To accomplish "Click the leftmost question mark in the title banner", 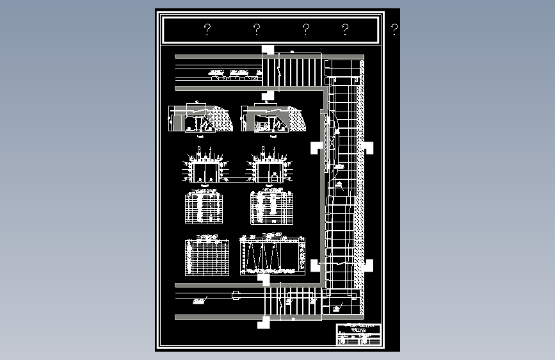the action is [207, 29].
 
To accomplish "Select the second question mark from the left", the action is [256, 29].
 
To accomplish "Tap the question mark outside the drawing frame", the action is [394, 29].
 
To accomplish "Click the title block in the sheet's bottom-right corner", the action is [358, 335].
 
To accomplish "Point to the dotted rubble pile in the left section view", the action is [221, 119].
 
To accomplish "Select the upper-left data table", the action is [204, 208].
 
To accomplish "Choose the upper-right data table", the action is [271, 207].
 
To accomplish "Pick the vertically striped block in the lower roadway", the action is [291, 300].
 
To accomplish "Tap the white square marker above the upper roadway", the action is [267, 50].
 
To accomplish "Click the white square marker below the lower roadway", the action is [263, 322].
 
